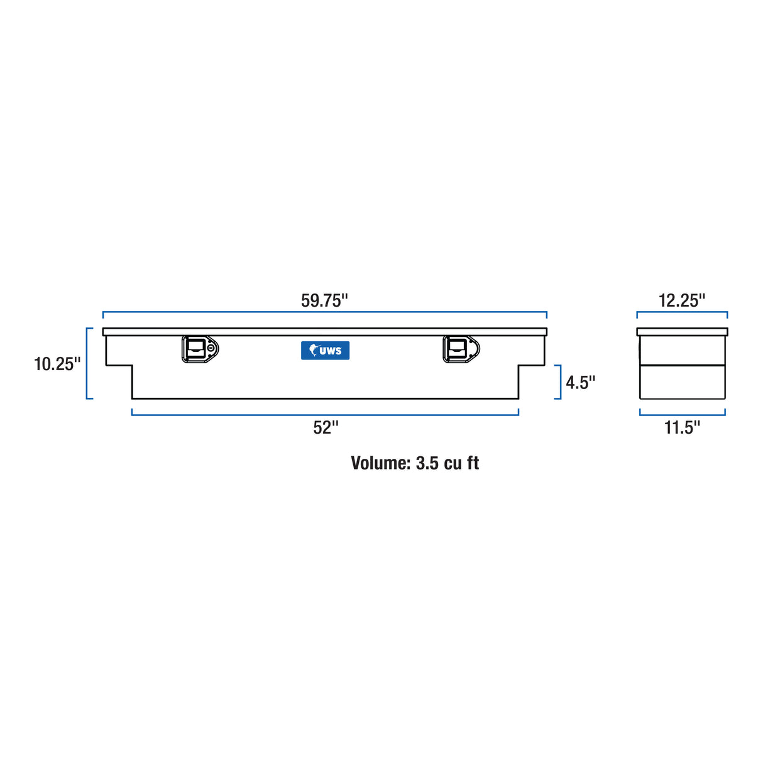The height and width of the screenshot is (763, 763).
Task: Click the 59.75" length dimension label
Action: (324, 300)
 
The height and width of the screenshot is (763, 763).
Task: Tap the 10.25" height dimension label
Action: (57, 364)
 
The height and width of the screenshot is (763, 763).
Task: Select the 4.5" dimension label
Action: (580, 382)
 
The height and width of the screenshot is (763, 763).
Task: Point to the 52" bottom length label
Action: (326, 428)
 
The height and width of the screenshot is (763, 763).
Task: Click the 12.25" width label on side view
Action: (682, 300)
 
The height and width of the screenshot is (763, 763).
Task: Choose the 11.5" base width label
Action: (682, 428)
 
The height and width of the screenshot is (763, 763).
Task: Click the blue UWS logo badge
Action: (325, 350)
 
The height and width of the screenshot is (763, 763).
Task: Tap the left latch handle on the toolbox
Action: (199, 349)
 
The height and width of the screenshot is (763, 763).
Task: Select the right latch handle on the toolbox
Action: (460, 349)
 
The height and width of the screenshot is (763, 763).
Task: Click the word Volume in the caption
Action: (380, 463)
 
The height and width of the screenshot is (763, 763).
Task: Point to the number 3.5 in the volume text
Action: (427, 463)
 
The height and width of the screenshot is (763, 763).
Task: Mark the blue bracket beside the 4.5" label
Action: (559, 381)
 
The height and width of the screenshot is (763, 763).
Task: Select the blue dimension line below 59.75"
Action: (325, 312)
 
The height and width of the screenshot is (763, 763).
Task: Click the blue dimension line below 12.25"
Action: (682, 312)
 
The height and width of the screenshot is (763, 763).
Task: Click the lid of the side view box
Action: (682, 332)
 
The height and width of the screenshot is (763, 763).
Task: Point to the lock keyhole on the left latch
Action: (212, 348)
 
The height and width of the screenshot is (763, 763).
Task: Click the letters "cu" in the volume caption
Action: (453, 463)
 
